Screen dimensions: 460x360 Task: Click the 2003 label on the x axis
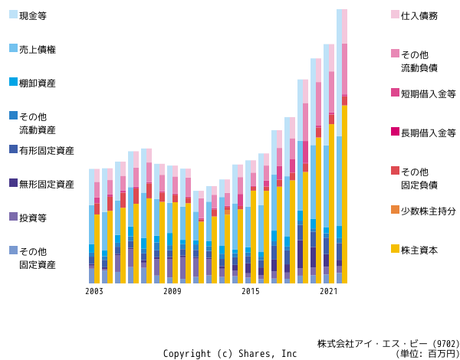tap(94, 291)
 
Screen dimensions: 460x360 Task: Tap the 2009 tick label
tap(172, 291)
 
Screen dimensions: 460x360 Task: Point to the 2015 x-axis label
tap(251, 291)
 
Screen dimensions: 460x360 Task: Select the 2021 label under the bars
tap(329, 291)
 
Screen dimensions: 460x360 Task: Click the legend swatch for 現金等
tap(14, 15)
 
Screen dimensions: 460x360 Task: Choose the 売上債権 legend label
tap(38, 50)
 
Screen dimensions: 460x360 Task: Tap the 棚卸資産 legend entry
tap(38, 83)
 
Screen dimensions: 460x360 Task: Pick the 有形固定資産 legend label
tap(47, 151)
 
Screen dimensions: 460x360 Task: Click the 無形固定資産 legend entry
tap(47, 185)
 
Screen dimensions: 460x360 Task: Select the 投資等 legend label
tap(33, 218)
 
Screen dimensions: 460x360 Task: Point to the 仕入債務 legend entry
tap(419, 16)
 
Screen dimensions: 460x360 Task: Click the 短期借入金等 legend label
tap(429, 94)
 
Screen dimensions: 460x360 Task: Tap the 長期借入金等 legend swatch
tap(395, 132)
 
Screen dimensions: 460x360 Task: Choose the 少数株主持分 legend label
tap(429, 211)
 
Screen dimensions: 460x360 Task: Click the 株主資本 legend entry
tap(419, 250)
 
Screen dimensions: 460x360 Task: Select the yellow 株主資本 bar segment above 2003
tap(97, 249)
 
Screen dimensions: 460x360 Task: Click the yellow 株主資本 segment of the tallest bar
tap(344, 195)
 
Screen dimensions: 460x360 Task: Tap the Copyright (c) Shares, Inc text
tap(230, 354)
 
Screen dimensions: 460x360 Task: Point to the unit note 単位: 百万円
tap(428, 354)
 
